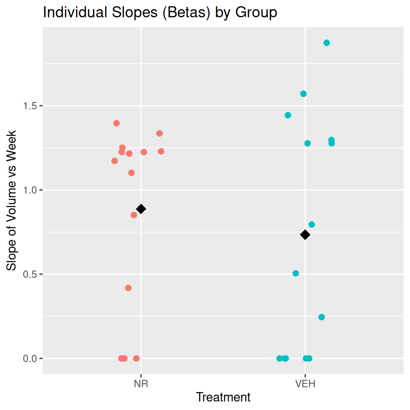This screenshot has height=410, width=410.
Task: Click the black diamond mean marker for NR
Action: pyautogui.click(x=141, y=209)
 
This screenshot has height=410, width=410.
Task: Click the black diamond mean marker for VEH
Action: pyautogui.click(x=305, y=234)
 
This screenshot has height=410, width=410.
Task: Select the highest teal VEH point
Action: pyautogui.click(x=327, y=43)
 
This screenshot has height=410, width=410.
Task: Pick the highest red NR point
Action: pyautogui.click(x=117, y=123)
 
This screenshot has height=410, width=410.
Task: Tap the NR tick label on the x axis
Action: pyautogui.click(x=141, y=384)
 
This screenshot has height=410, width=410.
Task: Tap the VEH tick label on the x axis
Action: pyautogui.click(x=305, y=384)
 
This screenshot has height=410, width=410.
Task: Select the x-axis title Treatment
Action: pyautogui.click(x=223, y=398)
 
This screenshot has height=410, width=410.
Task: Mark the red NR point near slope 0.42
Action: pyautogui.click(x=128, y=288)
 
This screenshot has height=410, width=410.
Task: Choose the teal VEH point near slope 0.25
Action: pyautogui.click(x=322, y=317)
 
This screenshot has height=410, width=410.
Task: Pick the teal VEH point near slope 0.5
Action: pyautogui.click(x=296, y=273)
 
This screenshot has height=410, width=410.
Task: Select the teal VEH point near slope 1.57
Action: pyautogui.click(x=303, y=94)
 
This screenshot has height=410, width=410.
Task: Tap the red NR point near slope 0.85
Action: pyautogui.click(x=134, y=215)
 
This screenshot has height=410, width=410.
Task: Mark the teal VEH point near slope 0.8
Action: pyautogui.click(x=312, y=225)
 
